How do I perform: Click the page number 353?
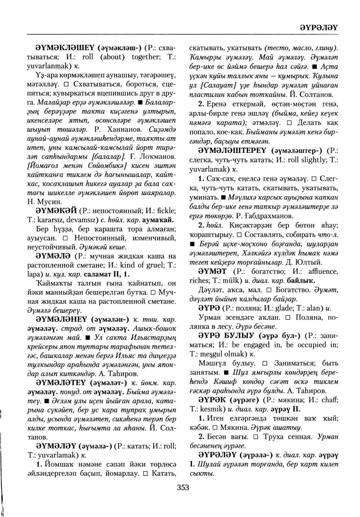coord(183,487)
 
